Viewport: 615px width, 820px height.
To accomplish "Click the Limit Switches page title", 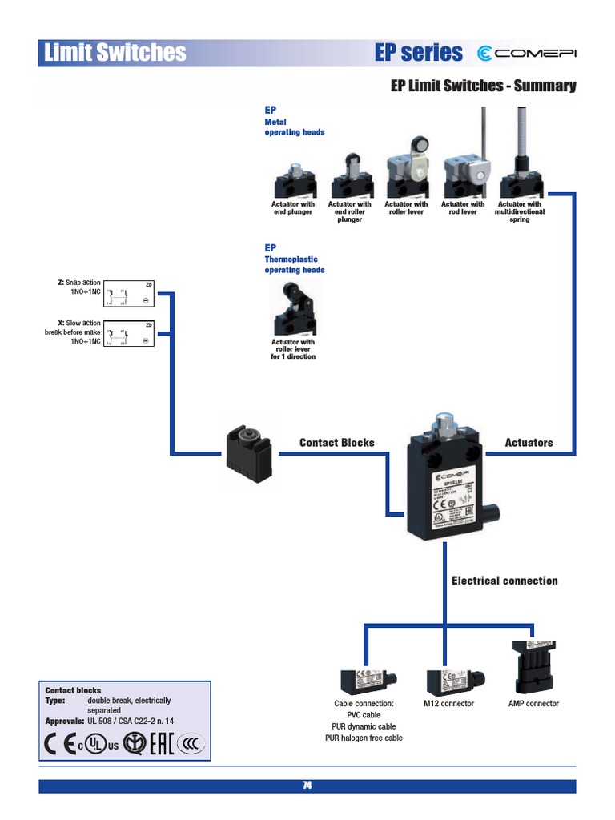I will pos(114,54).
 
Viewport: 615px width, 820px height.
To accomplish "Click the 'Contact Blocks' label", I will pos(336,443).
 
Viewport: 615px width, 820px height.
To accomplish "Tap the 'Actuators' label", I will pos(529,443).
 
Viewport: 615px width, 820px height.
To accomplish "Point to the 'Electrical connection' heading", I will pos(504,581).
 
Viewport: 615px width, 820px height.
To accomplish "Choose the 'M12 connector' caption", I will pos(448,704).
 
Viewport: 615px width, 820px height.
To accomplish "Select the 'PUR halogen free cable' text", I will pos(364,738).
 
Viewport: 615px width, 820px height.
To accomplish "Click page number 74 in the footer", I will pos(307,786).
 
